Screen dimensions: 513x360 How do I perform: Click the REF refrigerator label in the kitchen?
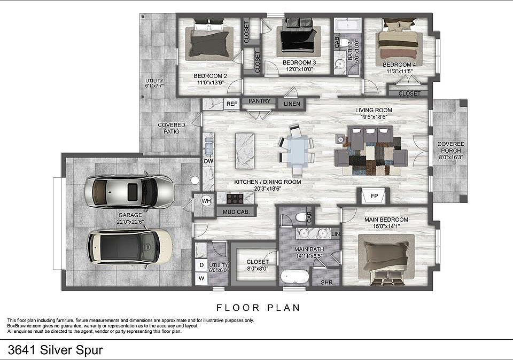[x=231, y=104]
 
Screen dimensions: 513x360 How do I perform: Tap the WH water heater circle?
[x=206, y=201]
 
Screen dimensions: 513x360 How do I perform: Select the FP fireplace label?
[x=374, y=196]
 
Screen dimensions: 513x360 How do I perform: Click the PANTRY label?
[x=260, y=101]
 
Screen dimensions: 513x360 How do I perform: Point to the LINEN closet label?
[x=292, y=104]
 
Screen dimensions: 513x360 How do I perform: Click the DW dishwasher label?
[x=208, y=161]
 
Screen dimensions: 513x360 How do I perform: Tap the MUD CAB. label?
[x=236, y=212]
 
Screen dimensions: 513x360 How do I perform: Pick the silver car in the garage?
[x=129, y=191]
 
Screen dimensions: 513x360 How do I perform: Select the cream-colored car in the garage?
[x=130, y=246]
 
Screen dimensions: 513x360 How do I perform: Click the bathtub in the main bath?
[x=294, y=278]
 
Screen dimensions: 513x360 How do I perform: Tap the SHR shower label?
[x=327, y=282]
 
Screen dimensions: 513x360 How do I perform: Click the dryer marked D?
[x=201, y=265]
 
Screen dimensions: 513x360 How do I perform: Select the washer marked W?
[x=201, y=278]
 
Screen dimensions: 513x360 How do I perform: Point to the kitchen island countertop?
[x=245, y=151]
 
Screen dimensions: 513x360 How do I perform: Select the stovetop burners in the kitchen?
[x=235, y=199]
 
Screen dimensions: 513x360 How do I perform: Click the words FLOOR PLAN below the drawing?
[x=258, y=308]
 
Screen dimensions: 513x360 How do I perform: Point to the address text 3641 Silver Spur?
[x=55, y=350]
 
